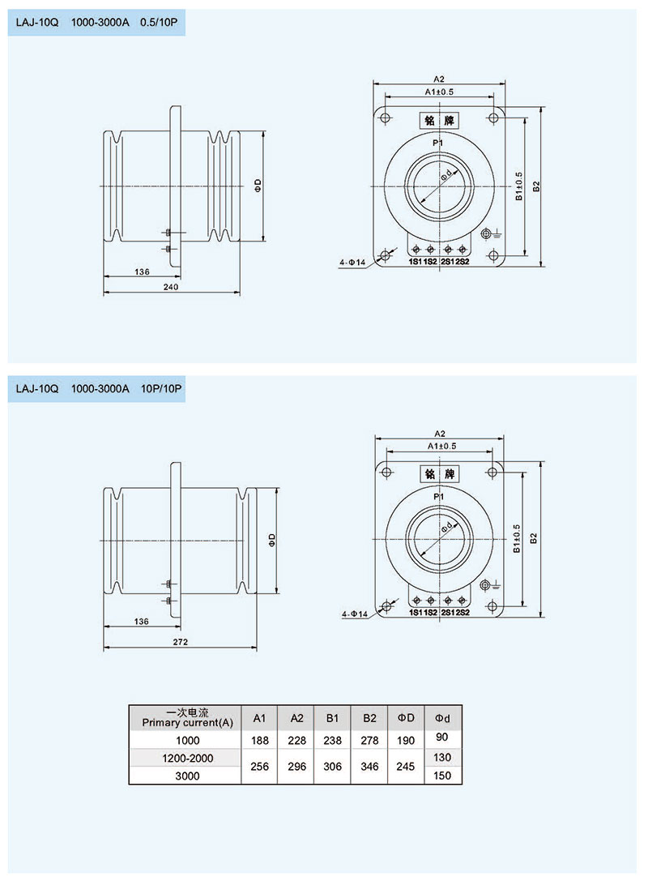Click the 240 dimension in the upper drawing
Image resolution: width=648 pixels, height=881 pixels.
[170, 288]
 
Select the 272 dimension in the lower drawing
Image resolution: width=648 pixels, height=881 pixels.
[181, 642]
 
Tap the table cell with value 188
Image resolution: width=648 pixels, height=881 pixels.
[259, 740]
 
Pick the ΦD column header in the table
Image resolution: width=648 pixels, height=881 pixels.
[406, 718]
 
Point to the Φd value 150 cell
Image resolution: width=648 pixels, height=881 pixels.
[442, 776]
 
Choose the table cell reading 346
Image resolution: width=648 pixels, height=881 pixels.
[369, 766]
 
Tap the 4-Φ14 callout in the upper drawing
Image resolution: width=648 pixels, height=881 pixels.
[353, 262]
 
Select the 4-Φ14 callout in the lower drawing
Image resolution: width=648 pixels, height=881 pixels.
[354, 614]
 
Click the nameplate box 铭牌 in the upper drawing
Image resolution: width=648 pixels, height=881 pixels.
[438, 120]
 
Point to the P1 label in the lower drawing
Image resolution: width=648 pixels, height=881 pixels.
[438, 496]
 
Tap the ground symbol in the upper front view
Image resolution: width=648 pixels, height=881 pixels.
[488, 235]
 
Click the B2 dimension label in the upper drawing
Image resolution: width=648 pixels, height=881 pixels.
[535, 186]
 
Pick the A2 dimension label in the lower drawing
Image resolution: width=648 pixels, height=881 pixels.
[440, 433]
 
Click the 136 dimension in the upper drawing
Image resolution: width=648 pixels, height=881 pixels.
[143, 272]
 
